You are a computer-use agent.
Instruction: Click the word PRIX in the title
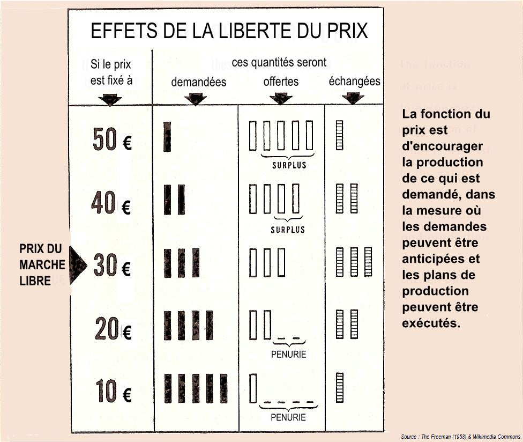coord(347,31)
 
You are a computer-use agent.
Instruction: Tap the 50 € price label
coord(112,139)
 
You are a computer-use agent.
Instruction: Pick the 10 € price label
coord(114,391)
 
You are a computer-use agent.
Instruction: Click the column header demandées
coord(198,82)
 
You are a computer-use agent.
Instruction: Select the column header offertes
coord(281,82)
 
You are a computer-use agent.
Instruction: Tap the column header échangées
coord(355,81)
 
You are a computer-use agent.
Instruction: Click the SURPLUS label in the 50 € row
coord(289,165)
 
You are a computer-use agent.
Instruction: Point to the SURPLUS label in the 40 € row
coord(288,230)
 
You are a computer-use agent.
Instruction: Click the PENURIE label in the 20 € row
coord(288,354)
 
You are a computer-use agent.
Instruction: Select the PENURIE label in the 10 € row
coord(288,417)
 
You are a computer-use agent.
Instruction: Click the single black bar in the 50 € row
coord(167,137)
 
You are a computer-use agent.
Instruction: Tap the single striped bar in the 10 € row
coord(340,387)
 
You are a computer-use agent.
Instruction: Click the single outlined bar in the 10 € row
coord(253,388)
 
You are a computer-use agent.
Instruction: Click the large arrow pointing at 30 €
coord(78,265)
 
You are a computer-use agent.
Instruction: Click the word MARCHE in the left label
coord(42,265)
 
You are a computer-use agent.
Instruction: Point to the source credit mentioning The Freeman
coord(461,437)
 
